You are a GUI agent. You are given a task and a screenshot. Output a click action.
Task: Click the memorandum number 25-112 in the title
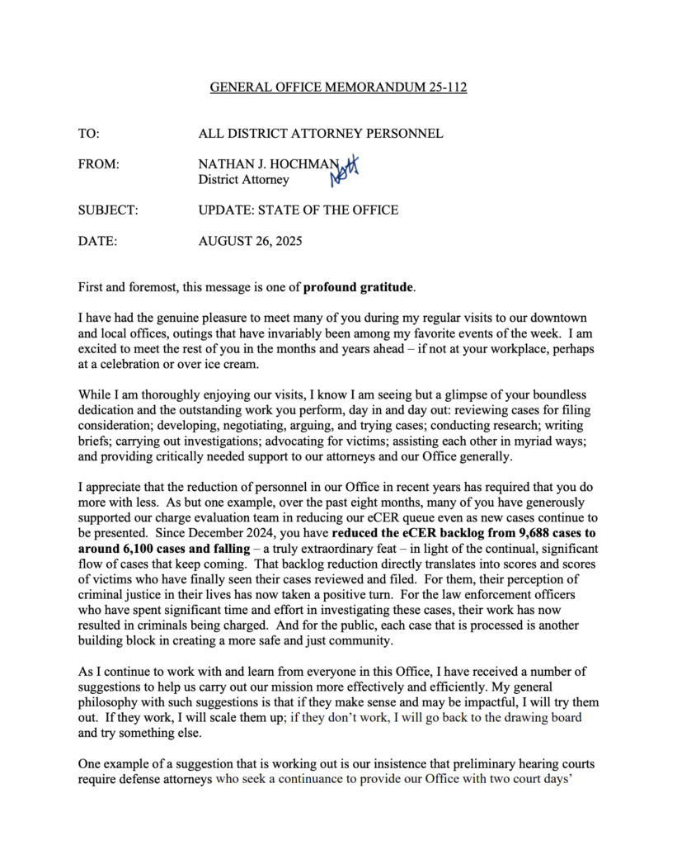coord(445,87)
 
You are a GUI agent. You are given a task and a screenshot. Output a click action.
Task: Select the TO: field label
coord(88,133)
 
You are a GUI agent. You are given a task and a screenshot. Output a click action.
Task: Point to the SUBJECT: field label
coord(108,210)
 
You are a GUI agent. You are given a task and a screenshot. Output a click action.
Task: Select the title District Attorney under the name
coord(243,179)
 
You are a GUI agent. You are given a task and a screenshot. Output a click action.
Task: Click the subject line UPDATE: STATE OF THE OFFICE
coord(298,210)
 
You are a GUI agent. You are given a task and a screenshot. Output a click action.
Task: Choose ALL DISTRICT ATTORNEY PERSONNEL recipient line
coord(320,133)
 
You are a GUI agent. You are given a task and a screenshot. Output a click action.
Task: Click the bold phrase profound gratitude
coord(358,288)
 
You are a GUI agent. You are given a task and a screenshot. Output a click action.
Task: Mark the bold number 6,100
coord(138,548)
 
